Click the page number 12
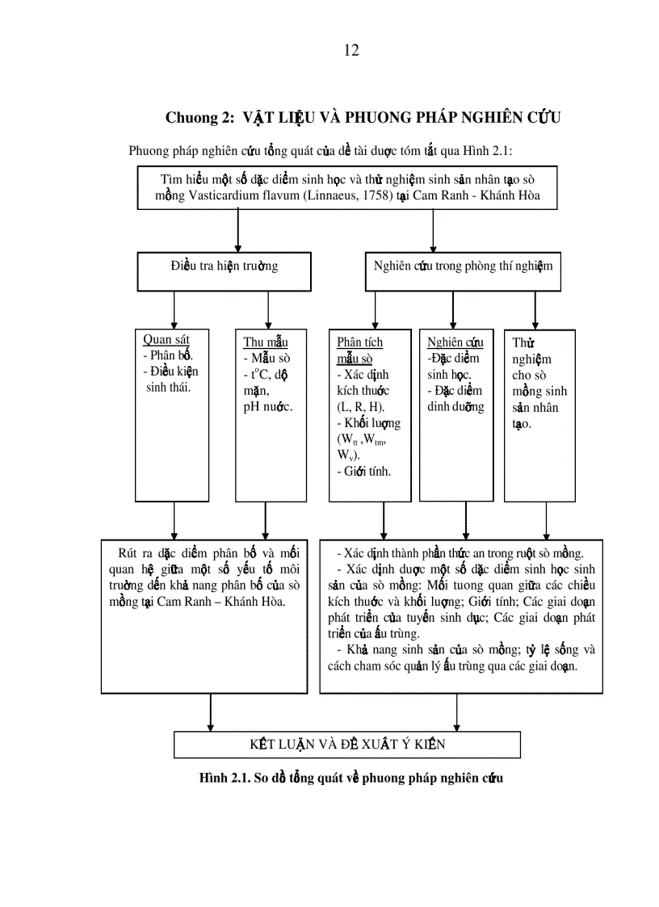pyautogui.click(x=350, y=51)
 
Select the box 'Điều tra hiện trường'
pyautogui.click(x=225, y=266)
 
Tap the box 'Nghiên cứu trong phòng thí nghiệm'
pyautogui.click(x=463, y=266)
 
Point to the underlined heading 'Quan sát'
pyautogui.click(x=166, y=340)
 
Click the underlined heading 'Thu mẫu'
pyautogui.click(x=265, y=342)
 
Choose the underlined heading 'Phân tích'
pyautogui.click(x=359, y=342)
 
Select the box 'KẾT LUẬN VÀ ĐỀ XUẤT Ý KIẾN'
pyautogui.click(x=347, y=744)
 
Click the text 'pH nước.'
pyautogui.click(x=267, y=406)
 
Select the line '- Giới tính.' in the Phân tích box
pyautogui.click(x=364, y=471)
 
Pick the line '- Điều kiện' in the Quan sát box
pyautogui.click(x=170, y=372)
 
